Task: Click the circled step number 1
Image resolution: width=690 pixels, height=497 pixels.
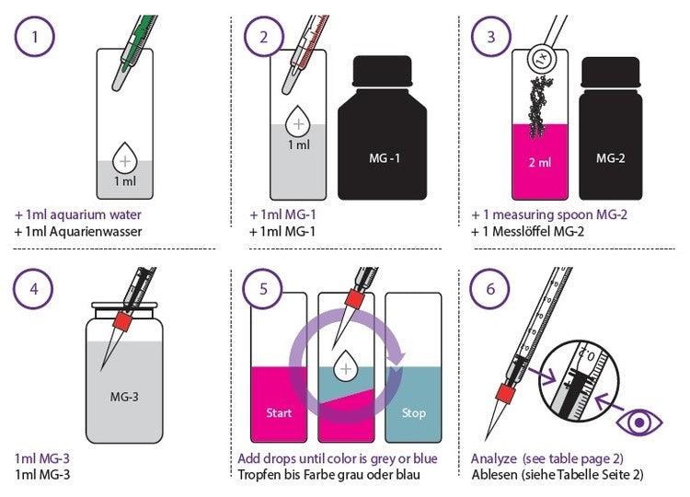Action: [x=35, y=37]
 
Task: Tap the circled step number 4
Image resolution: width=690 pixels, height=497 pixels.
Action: [x=34, y=289]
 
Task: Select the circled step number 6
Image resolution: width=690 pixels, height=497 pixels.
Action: [x=490, y=289]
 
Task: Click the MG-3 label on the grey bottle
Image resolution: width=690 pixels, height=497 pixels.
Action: [x=124, y=397]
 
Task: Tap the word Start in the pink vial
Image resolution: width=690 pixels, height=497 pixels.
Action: [x=279, y=413]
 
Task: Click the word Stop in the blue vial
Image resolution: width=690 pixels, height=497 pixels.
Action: [x=413, y=413]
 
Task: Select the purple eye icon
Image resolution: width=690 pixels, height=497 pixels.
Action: [x=639, y=422]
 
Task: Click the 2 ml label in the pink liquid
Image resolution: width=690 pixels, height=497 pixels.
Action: [x=539, y=162]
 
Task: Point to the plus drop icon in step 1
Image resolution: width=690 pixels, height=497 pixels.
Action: [x=125, y=158]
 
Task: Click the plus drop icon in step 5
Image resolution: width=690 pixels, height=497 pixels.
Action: [x=346, y=365]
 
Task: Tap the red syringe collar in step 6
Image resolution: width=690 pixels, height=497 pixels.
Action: [x=504, y=393]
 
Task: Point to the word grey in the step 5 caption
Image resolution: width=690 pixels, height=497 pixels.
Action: [x=383, y=459]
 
